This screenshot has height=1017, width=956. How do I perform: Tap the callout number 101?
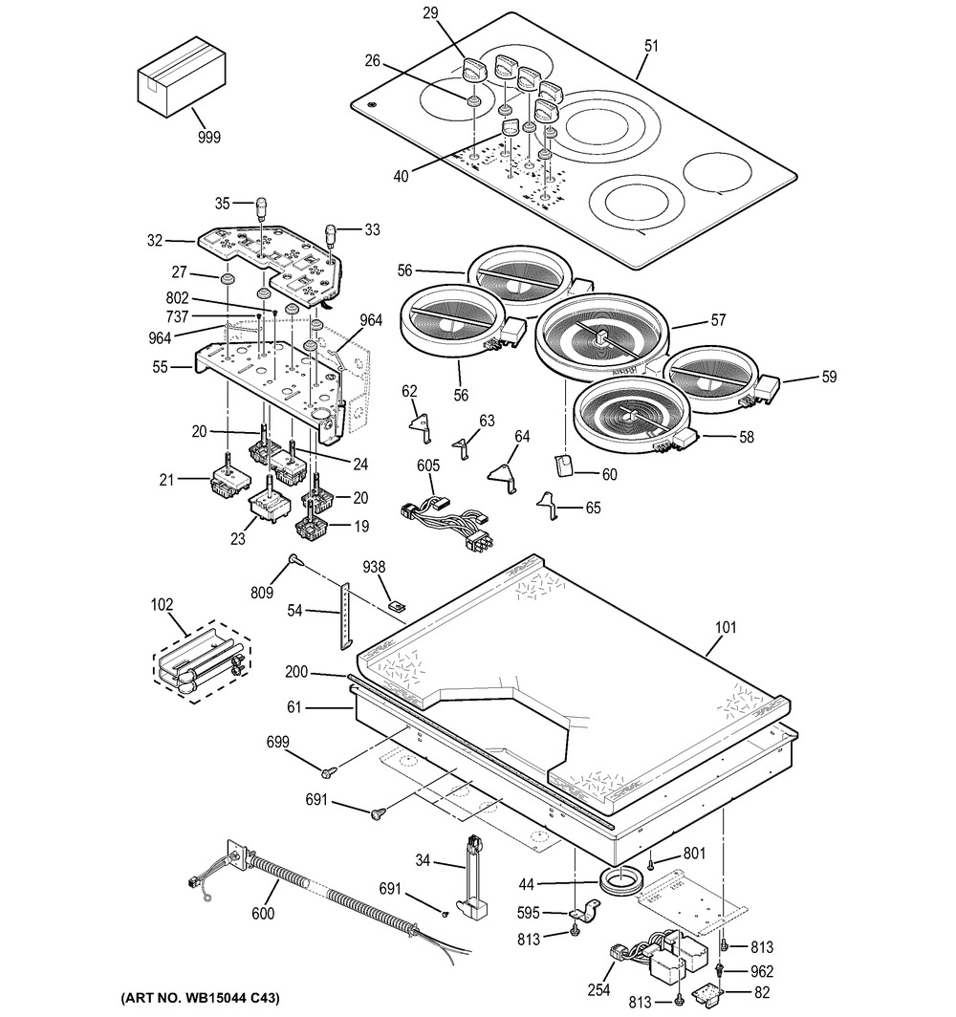tap(728, 630)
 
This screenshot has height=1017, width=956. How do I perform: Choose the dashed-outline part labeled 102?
tap(203, 661)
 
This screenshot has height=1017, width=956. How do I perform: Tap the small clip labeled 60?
tap(563, 465)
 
